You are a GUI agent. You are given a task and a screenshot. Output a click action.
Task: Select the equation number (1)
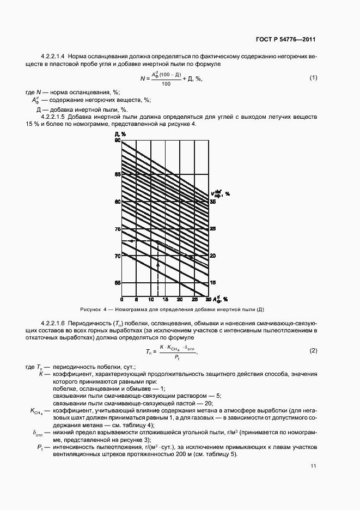pyautogui.click(x=313, y=78)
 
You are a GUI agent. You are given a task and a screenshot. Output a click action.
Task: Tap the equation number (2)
pyautogui.click(x=313, y=350)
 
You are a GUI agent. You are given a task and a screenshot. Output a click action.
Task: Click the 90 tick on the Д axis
pyautogui.click(x=117, y=141)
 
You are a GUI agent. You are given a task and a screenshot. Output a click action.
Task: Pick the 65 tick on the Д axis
pyautogui.click(x=117, y=283)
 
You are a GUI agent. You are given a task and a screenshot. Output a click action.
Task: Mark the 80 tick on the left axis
pyautogui.click(x=117, y=202)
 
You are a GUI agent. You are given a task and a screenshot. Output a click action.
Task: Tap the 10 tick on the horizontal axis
pyautogui.click(x=151, y=300)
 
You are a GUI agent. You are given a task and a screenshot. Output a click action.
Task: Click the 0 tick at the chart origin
pyautogui.click(x=122, y=300)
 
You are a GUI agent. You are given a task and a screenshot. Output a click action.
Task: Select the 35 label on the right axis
pyautogui.click(x=213, y=202)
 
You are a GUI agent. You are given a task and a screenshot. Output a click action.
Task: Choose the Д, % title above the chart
pyautogui.click(x=120, y=133)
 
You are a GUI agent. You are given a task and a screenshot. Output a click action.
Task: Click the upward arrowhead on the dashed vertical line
pyautogui.click(x=158, y=263)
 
